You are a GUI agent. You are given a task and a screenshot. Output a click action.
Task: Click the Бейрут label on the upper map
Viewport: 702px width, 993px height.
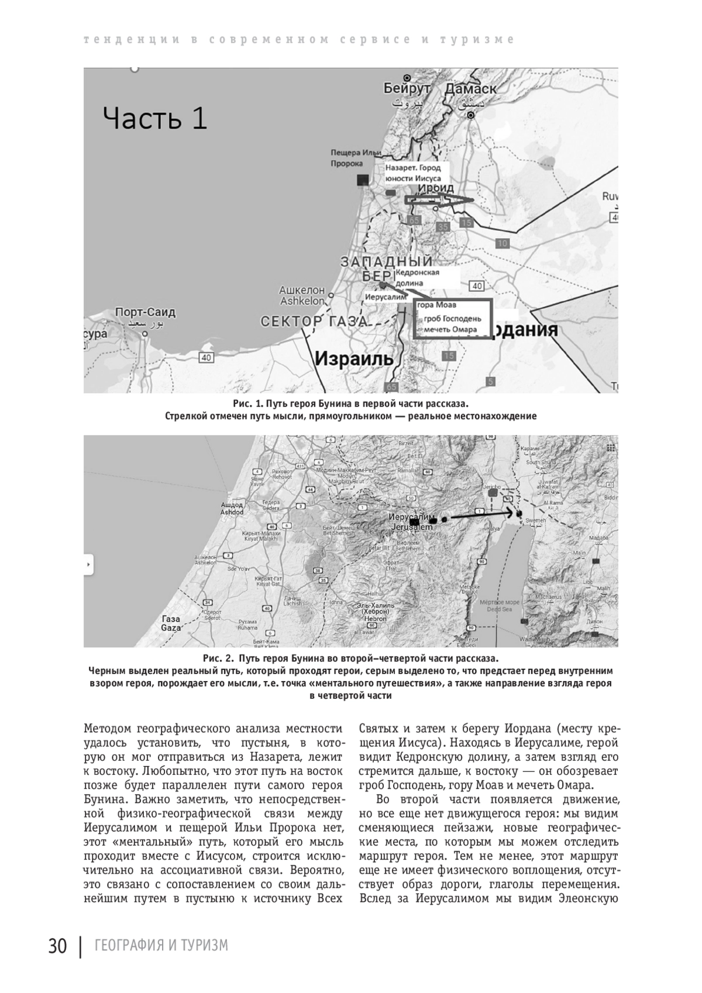point(407,89)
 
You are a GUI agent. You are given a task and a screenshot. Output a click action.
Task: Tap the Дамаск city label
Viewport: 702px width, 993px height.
point(470,89)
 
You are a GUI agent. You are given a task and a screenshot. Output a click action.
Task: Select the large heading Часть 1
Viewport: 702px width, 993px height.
point(155,119)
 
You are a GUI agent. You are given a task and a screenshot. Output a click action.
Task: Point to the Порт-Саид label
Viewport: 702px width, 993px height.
point(146,312)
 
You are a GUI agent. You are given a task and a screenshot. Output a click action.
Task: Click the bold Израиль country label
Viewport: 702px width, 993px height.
point(354,358)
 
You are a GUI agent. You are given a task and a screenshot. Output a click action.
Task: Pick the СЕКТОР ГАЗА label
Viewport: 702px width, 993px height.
point(314,321)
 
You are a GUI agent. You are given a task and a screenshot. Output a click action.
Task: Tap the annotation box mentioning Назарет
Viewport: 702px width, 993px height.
point(413,173)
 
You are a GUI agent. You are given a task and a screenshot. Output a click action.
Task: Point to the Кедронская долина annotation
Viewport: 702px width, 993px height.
point(417,278)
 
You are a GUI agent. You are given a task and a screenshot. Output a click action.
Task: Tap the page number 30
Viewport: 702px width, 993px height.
point(58,946)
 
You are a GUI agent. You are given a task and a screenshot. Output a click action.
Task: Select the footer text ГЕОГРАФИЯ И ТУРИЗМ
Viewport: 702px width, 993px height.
point(161,946)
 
